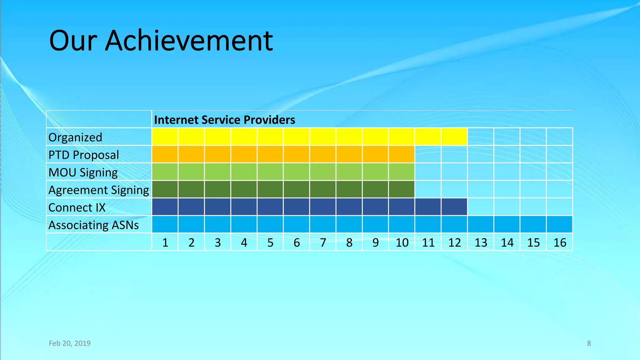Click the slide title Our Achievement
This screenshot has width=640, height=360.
coord(161,41)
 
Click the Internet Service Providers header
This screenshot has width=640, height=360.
coord(224,120)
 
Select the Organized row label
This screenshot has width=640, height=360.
coord(75,137)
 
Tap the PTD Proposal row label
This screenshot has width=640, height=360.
coord(84,155)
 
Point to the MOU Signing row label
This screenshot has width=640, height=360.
coord(83,172)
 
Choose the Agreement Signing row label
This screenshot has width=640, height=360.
coord(99,190)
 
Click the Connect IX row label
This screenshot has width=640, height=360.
coord(77,207)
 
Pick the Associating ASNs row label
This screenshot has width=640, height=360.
coord(93,225)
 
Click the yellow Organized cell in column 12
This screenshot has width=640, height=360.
coord(454,137)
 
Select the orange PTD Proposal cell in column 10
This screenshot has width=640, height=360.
coord(402,154)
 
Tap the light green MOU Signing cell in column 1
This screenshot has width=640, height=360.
coord(165,172)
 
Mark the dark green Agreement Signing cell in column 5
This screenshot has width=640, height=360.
coord(270,189)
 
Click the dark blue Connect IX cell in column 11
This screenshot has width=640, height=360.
coord(428,207)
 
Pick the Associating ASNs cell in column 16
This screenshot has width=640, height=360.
coord(559,224)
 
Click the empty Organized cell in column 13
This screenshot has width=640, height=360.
coord(481,137)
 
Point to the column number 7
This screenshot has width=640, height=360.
coord(323,242)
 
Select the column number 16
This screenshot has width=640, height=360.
coord(560,242)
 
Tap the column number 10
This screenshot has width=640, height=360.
coord(402,242)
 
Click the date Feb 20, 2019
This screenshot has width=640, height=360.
coord(70,343)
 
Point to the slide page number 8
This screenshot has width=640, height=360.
coord(589,343)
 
